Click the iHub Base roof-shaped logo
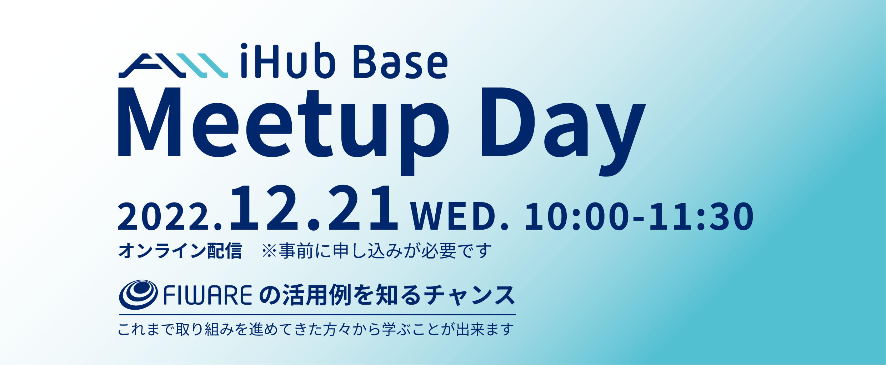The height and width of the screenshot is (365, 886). pos(173,66)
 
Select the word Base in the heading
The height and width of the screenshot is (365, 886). pos(400,62)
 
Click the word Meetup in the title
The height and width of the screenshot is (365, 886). pos(283,131)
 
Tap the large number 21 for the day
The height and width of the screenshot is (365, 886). pos(363,208)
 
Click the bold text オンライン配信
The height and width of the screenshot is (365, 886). pos(180,251)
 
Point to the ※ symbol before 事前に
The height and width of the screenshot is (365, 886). pos(269,251)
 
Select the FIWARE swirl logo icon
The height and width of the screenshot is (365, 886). pos(138,295)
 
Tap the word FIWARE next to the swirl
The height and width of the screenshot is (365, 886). pos(208,295)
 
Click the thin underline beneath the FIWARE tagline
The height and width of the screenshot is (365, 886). pos(317,315)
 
